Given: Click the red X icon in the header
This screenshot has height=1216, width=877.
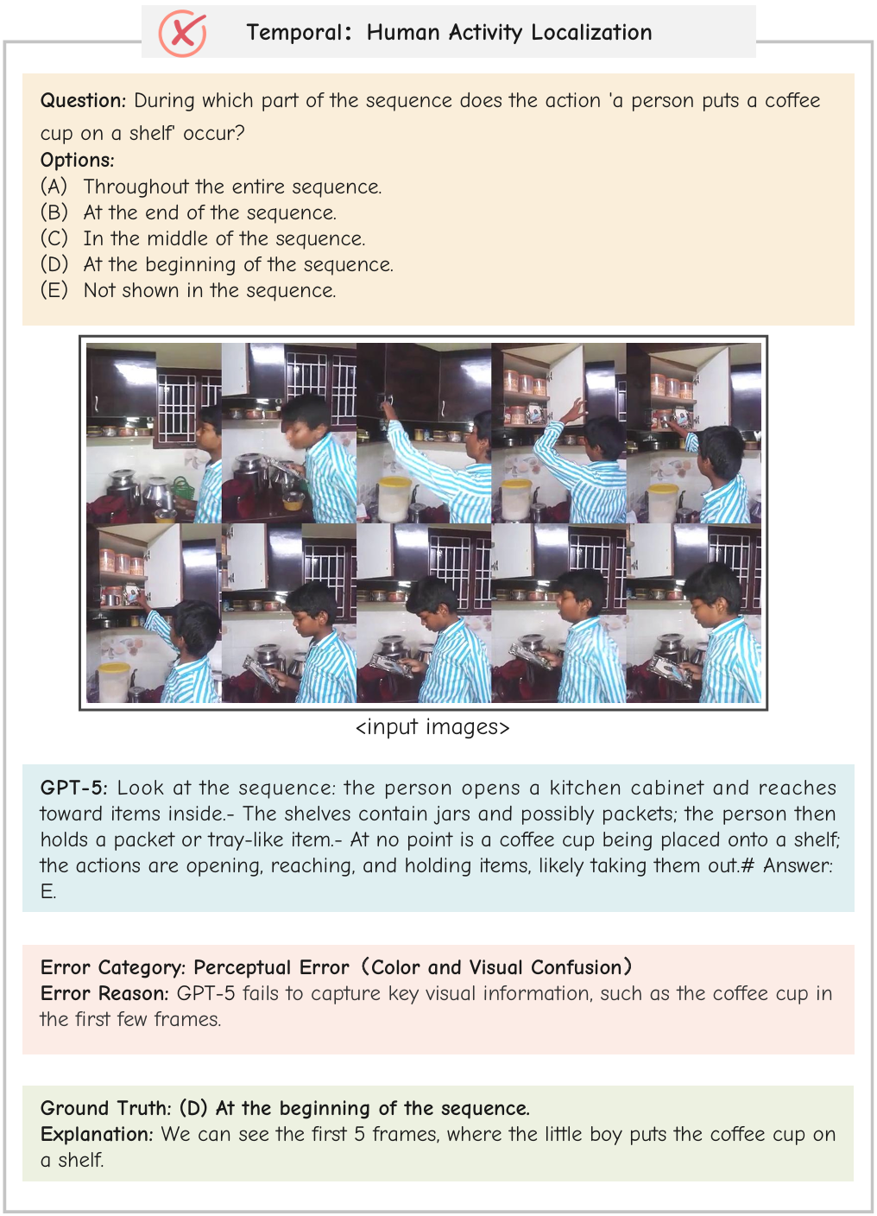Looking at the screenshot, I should pyautogui.click(x=182, y=34).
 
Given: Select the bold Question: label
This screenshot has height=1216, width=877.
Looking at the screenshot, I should pyautogui.click(x=83, y=101).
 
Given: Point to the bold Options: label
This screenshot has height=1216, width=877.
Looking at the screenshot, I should pyautogui.click(x=77, y=161).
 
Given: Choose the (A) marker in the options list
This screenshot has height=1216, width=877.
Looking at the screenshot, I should pyautogui.click(x=54, y=187).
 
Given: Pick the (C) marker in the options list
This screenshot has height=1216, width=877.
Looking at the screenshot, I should pyautogui.click(x=54, y=239).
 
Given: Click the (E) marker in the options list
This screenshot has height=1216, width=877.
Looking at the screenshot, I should pyautogui.click(x=54, y=291).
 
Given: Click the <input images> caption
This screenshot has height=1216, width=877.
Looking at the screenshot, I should pyautogui.click(x=432, y=728).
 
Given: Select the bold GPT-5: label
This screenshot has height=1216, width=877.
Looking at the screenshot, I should pyautogui.click(x=74, y=788).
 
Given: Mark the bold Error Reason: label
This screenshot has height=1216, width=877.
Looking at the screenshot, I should pyautogui.click(x=104, y=994).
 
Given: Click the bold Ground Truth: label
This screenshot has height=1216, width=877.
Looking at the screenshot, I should pyautogui.click(x=106, y=1109).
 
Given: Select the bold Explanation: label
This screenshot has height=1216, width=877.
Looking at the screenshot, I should pyautogui.click(x=97, y=1135).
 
